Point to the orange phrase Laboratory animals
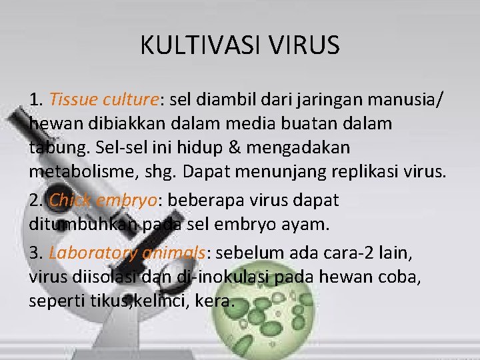127,253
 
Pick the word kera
217,302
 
